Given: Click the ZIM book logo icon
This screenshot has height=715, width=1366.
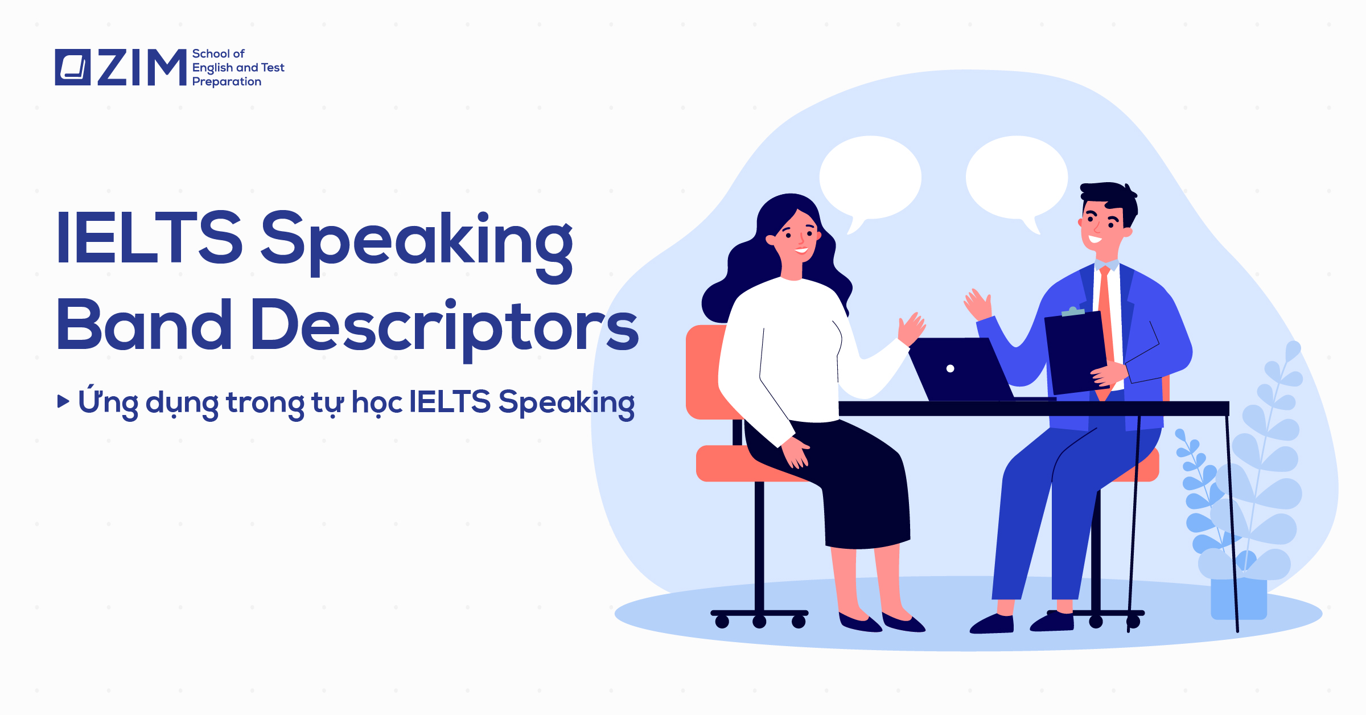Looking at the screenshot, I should point(72,67).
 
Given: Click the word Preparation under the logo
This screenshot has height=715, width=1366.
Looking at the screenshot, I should point(227,82).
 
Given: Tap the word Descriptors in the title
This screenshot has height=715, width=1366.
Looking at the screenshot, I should point(444,326).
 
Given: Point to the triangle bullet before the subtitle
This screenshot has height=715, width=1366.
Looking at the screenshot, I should point(63,401).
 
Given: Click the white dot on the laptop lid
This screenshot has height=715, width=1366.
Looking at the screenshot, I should point(950,368).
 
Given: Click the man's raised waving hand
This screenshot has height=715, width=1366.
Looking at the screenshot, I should point(978,304).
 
